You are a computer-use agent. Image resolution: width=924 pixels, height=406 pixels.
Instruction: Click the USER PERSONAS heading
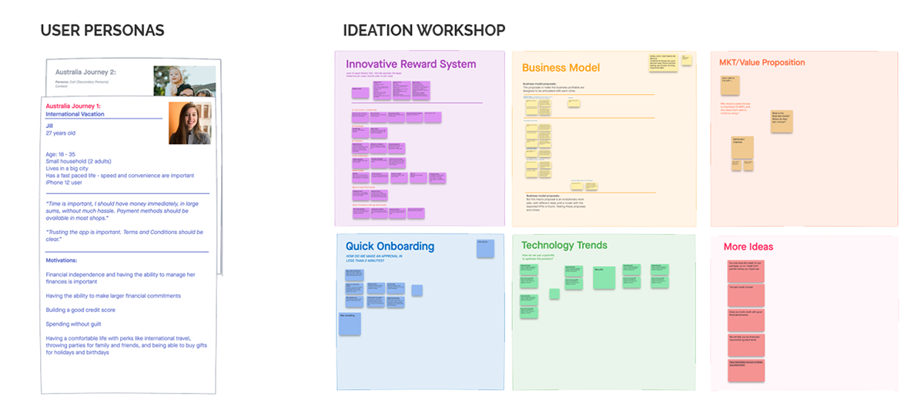click(x=102, y=31)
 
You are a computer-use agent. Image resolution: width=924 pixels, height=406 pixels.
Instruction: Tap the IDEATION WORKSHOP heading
click(x=424, y=31)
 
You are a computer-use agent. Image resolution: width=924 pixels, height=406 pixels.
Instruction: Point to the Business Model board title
click(x=561, y=68)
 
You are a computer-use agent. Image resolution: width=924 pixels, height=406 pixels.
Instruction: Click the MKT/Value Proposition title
click(x=762, y=62)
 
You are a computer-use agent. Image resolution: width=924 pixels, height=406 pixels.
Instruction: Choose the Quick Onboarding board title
click(x=390, y=247)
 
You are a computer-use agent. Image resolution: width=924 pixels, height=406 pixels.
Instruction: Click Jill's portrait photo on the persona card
click(x=190, y=122)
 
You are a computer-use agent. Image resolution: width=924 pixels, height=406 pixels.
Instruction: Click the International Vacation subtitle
click(x=75, y=114)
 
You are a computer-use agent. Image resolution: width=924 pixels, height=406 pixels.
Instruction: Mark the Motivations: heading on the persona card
click(x=67, y=260)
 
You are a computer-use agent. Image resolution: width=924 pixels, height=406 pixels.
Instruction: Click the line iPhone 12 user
click(x=70, y=183)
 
